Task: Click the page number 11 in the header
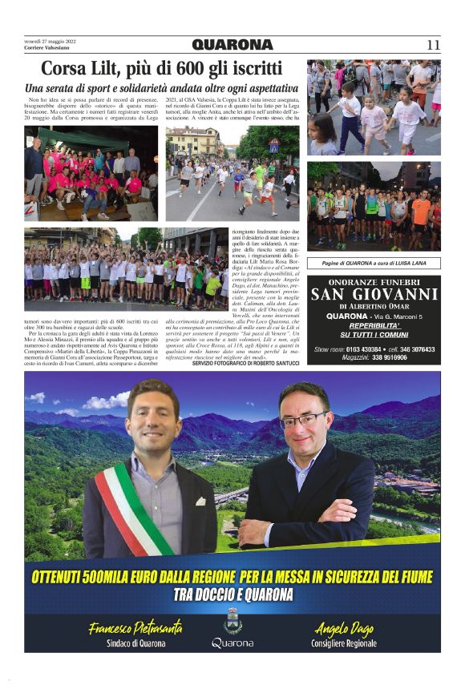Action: pyautogui.click(x=433, y=45)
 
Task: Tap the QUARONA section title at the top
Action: pyautogui.click(x=232, y=45)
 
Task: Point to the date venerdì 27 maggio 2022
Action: pyautogui.click(x=50, y=42)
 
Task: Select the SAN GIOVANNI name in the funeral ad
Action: pyautogui.click(x=374, y=294)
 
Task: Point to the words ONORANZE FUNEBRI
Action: pyautogui.click(x=374, y=280)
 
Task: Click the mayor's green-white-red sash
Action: pyautogui.click(x=132, y=505)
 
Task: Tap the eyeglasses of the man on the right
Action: pyautogui.click(x=304, y=420)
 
